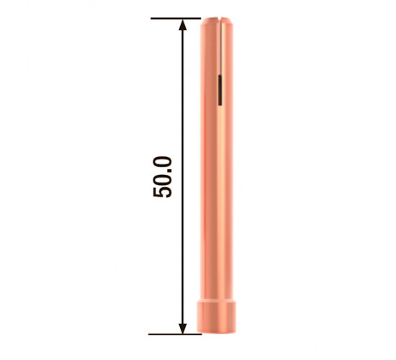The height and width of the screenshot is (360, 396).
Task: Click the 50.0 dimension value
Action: tap(163, 177)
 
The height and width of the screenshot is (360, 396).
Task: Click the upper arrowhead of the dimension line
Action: tap(183, 25)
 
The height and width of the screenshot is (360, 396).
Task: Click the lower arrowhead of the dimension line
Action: tap(183, 328)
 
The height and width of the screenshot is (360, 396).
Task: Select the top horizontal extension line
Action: tap(176, 19)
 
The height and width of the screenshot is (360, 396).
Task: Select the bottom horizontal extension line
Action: tap(175, 334)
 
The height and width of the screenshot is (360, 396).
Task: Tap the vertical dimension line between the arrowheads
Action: tap(183, 176)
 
